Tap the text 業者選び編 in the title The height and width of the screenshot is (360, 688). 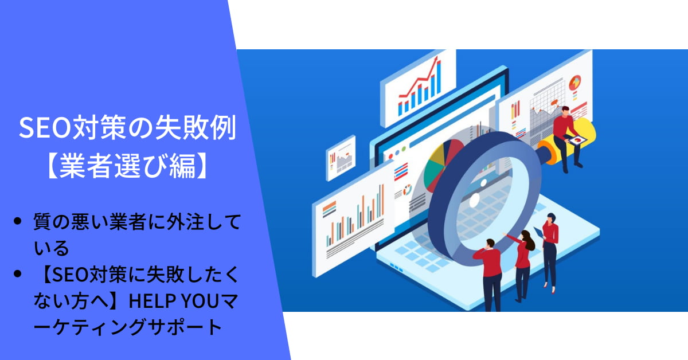pyautogui.click(x=127, y=166)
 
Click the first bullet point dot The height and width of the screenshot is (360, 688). pyautogui.click(x=18, y=221)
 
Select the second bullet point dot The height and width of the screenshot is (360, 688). pyautogui.click(x=18, y=273)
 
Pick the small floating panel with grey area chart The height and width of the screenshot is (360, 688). pyautogui.click(x=341, y=158)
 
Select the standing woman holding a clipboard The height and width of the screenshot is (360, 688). pyautogui.click(x=550, y=252)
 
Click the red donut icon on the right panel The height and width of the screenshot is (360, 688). pyautogui.click(x=574, y=83)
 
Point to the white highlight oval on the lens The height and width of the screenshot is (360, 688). pyautogui.click(x=474, y=199)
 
